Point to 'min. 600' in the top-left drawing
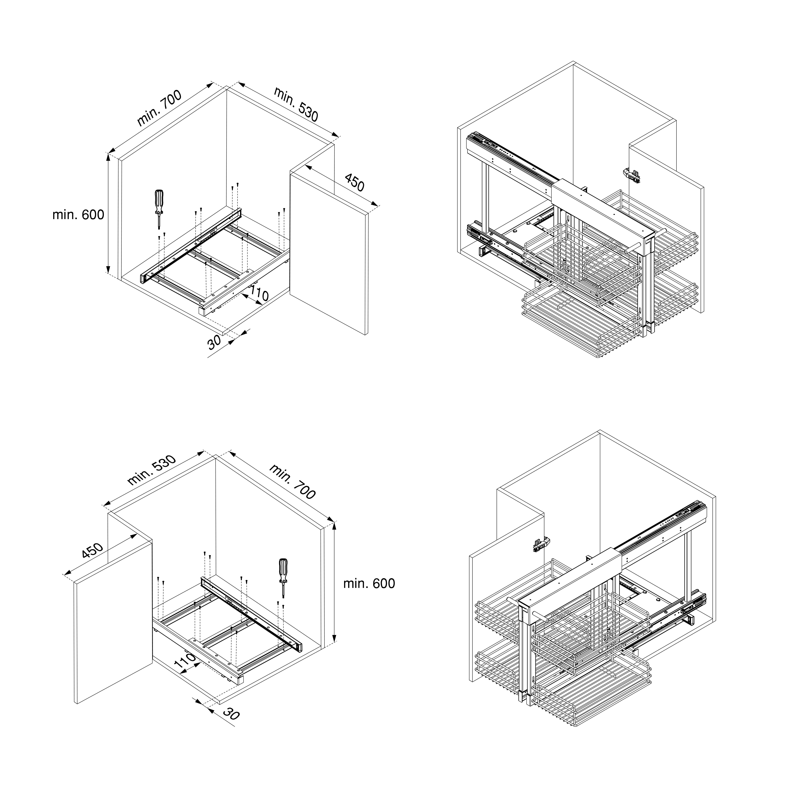(78, 215)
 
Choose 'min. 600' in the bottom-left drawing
(369, 583)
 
